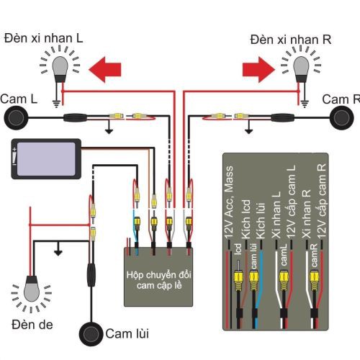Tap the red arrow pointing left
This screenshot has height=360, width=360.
point(104,69)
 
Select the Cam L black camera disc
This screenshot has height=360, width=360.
point(17,117)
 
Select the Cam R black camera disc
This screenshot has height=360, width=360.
point(343,117)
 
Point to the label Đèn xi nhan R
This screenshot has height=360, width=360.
point(291,37)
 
